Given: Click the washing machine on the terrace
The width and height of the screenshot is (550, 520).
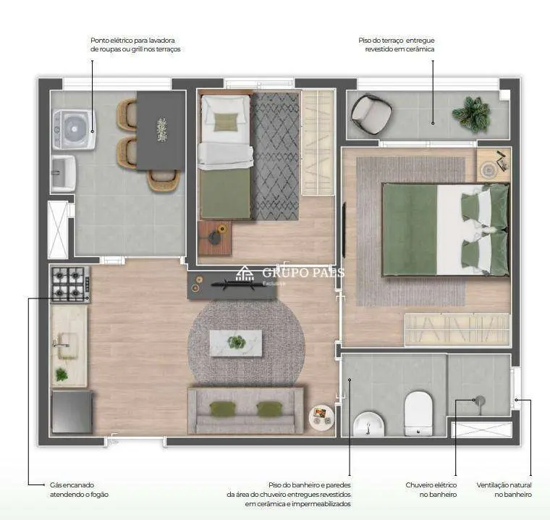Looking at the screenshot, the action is click(74, 130).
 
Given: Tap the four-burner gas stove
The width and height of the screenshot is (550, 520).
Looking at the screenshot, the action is click(71, 284).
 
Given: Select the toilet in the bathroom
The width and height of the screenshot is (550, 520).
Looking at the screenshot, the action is click(418, 414).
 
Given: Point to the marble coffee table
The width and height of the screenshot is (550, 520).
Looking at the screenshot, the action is click(236, 343).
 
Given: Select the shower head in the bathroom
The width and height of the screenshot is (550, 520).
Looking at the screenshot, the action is click(479, 401).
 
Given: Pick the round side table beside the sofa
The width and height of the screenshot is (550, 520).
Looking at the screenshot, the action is click(321, 417).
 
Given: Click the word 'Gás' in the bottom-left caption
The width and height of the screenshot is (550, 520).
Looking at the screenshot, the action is click(56, 485).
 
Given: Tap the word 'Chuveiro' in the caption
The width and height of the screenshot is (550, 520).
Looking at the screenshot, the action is click(421, 485).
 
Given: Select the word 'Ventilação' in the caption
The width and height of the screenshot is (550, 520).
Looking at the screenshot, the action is click(494, 485).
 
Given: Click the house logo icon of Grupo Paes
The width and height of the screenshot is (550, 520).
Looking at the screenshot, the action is click(245, 274).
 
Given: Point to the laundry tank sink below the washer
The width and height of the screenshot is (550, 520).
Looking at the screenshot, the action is click(64, 173).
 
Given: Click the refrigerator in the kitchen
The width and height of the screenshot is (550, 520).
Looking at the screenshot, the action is click(72, 412).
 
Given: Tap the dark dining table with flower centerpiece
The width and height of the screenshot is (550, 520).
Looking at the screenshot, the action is click(161, 130).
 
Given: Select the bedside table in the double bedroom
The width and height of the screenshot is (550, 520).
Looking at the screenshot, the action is click(493, 165).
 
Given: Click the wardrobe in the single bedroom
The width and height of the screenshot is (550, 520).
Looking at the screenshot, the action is click(318, 143).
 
